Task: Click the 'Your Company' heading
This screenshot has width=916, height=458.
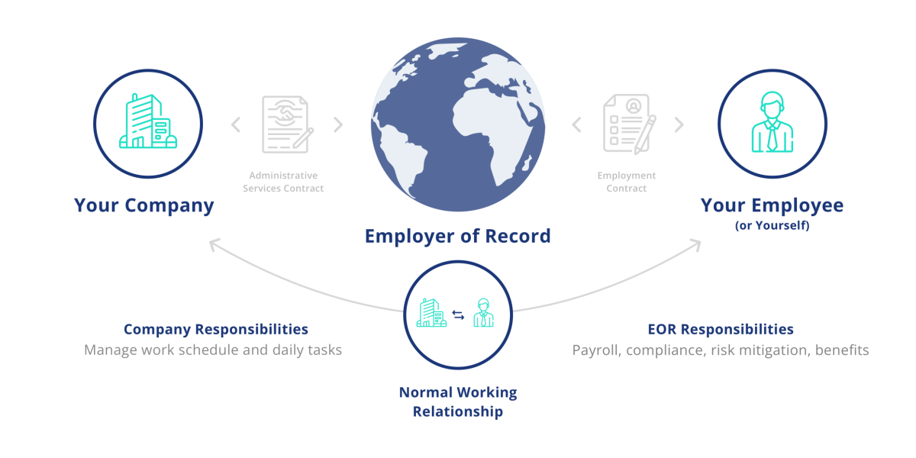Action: pos(144,205)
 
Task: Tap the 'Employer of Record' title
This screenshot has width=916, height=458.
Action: pos(457,237)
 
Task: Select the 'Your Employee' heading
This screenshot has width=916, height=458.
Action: pos(772,205)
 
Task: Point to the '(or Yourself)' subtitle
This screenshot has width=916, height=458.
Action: pos(772,226)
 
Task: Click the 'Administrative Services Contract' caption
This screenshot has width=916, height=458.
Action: pos(283,182)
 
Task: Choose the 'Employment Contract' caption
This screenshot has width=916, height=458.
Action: pos(627,182)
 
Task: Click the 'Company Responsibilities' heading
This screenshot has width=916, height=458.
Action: pos(216,329)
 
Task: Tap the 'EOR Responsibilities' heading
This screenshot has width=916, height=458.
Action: pos(721,329)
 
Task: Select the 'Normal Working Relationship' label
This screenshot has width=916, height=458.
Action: pos(458,402)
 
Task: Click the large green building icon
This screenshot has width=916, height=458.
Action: pos(148,121)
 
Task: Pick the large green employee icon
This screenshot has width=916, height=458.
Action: pos(772,122)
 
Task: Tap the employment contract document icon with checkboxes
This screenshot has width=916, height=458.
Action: pos(629,124)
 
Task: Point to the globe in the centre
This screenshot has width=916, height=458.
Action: pos(457,124)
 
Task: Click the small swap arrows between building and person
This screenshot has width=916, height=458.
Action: pos(458,314)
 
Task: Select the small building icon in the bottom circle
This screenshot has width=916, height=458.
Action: pos(431,312)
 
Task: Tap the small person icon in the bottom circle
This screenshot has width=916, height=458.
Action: pos(483,313)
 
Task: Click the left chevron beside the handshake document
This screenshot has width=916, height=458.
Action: pos(236,124)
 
